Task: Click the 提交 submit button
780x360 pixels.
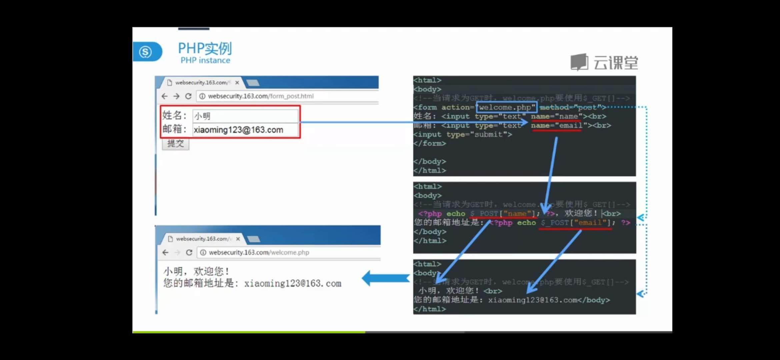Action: [x=175, y=144]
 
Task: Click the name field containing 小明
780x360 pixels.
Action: [x=245, y=116]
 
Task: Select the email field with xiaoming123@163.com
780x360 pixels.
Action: [x=245, y=130]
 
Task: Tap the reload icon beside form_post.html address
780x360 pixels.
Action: [x=188, y=96]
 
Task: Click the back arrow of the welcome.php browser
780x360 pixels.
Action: [x=165, y=252]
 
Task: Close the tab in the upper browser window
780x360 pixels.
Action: [x=237, y=82]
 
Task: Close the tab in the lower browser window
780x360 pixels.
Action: [x=238, y=239]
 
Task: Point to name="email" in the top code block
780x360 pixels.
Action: [x=557, y=126]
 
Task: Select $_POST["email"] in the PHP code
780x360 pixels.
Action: [x=575, y=223]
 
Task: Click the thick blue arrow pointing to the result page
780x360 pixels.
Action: [x=386, y=278]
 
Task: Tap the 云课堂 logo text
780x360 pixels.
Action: [x=615, y=63]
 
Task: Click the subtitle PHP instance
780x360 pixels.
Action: [x=205, y=60]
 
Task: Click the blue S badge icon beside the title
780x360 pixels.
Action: [x=146, y=52]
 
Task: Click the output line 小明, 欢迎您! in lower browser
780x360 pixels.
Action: [x=196, y=271]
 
